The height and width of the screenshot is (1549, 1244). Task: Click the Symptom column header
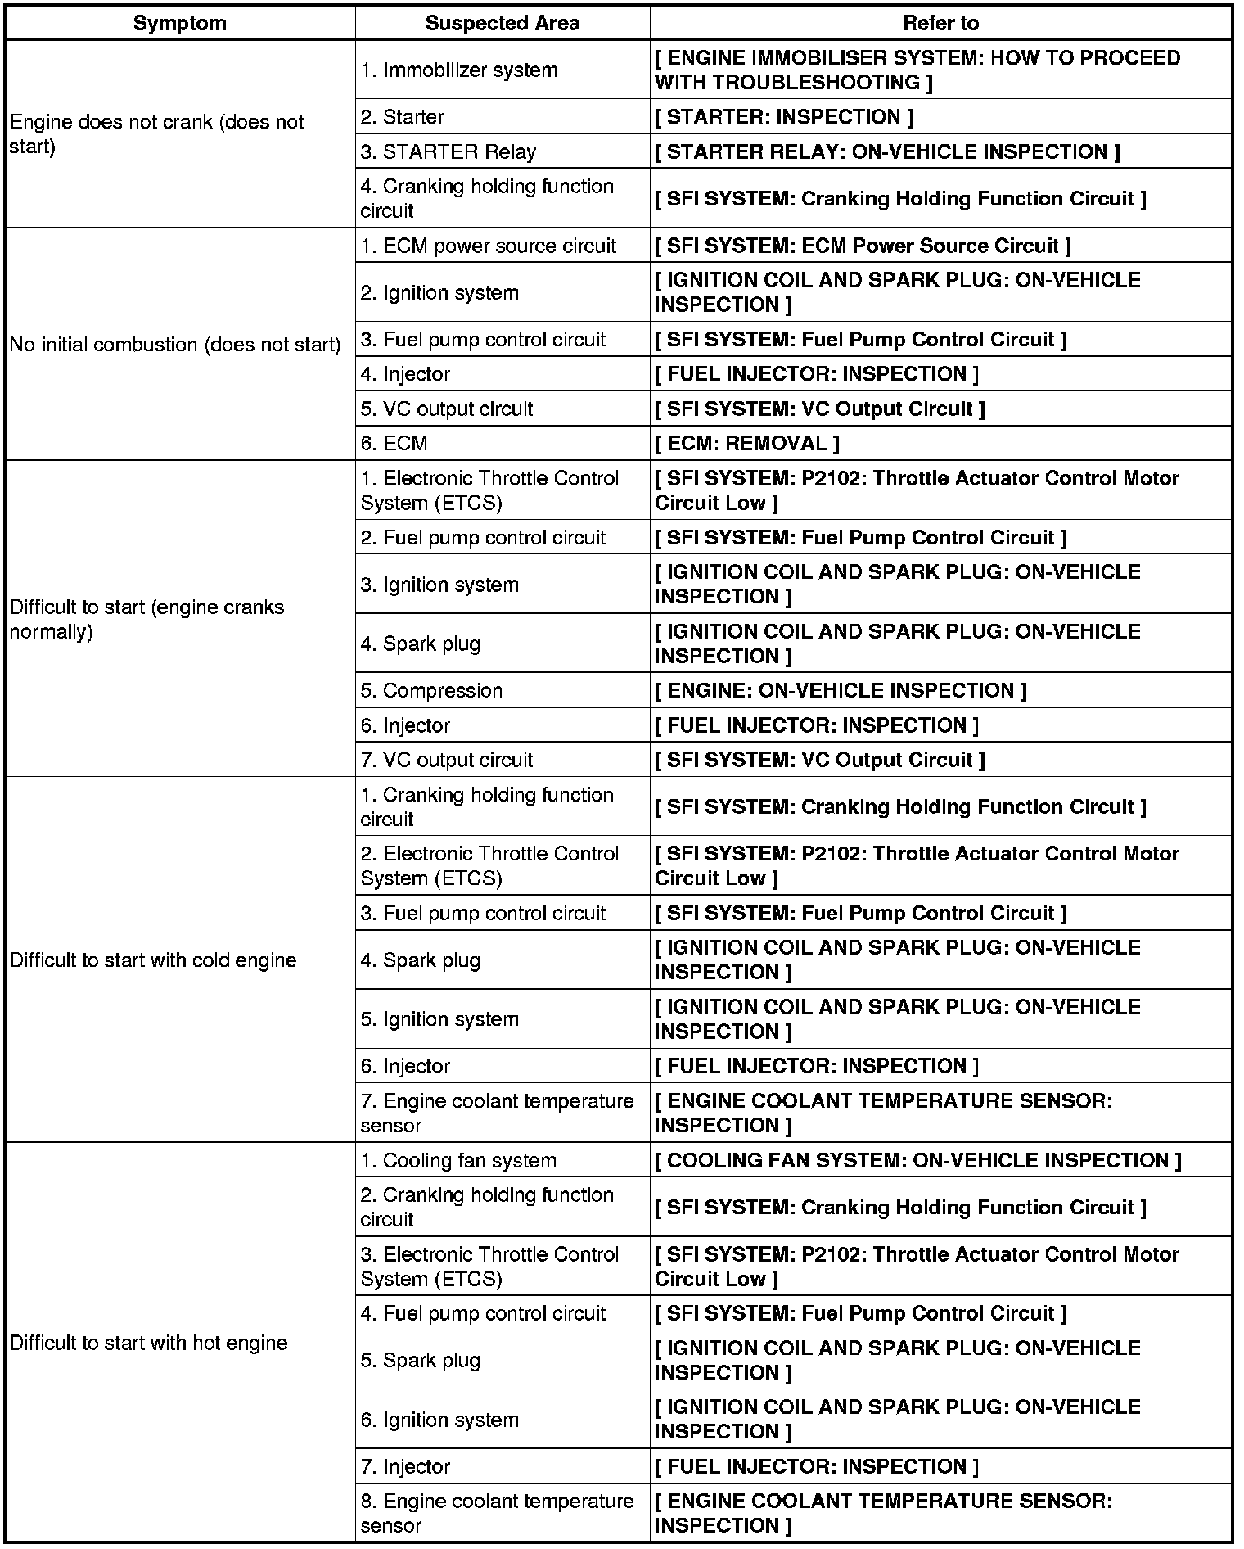[x=180, y=23]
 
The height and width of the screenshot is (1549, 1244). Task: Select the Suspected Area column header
[x=502, y=23]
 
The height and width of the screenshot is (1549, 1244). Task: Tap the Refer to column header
[x=940, y=23]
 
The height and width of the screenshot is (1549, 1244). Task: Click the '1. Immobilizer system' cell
[x=459, y=70]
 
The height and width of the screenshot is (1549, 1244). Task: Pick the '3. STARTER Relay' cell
[x=448, y=152]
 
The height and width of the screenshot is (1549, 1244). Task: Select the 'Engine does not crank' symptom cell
[x=156, y=134]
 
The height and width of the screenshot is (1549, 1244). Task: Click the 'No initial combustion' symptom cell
[x=175, y=345]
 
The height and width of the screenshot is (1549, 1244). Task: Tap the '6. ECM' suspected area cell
[x=394, y=444]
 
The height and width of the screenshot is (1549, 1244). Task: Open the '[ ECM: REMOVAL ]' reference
[x=747, y=444]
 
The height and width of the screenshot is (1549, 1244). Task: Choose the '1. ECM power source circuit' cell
[x=489, y=246]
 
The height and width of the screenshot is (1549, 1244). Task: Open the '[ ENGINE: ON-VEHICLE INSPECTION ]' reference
[x=841, y=691]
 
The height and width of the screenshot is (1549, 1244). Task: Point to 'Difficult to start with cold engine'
[x=153, y=960]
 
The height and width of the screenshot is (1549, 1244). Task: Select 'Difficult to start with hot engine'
[x=149, y=1344]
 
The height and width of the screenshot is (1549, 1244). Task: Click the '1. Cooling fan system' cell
[x=458, y=1161]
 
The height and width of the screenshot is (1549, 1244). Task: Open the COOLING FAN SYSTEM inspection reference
[x=918, y=1161]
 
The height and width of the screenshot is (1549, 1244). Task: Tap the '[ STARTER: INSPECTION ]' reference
[x=784, y=117]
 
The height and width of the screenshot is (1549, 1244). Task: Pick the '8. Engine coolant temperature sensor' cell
[x=497, y=1513]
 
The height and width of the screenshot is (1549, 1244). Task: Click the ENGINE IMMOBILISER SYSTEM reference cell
[x=917, y=70]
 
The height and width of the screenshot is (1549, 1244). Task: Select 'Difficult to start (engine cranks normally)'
[x=147, y=620]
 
